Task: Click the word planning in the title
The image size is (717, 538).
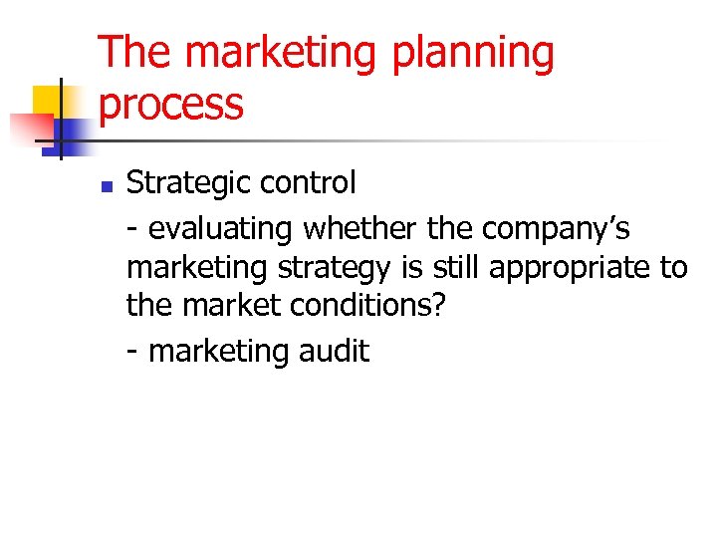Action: click(473, 55)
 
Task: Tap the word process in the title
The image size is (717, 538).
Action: click(171, 105)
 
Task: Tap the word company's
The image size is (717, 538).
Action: click(556, 229)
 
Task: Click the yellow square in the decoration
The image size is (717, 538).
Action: click(50, 102)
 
